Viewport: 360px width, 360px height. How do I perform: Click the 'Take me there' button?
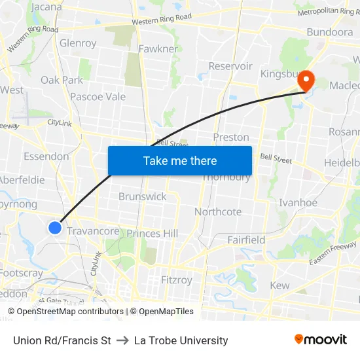[x=180, y=160]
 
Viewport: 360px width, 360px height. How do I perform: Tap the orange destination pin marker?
[x=306, y=81]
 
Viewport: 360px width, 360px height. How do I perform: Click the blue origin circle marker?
[x=55, y=227]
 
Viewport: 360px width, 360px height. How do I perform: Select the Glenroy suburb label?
[x=78, y=43]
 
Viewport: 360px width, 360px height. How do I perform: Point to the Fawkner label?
[x=158, y=48]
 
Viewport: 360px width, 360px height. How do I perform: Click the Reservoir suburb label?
[x=230, y=66]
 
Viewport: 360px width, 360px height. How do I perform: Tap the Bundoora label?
[x=329, y=32]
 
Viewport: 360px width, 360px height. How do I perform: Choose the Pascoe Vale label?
[x=98, y=96]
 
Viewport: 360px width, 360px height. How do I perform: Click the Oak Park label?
[x=62, y=80]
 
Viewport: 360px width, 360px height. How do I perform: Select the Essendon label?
[x=46, y=156]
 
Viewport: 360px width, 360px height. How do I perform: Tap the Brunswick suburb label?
[x=142, y=196]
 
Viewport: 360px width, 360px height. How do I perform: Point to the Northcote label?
[x=218, y=211]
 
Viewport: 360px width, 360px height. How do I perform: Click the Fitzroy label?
[x=177, y=279]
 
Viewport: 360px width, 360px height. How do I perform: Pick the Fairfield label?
[x=246, y=240]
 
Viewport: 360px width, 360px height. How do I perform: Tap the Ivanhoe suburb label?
[x=298, y=202]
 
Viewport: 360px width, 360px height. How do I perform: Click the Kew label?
[x=279, y=285]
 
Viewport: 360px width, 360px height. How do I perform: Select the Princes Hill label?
[x=153, y=233]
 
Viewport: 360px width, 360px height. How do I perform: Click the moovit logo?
[x=320, y=339]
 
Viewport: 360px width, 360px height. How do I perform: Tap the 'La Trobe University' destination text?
[x=181, y=340]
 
